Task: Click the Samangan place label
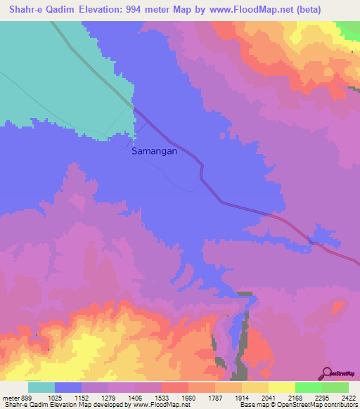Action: click(x=154, y=150)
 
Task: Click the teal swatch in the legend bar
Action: click(x=41, y=387)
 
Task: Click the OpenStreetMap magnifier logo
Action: click(x=326, y=372)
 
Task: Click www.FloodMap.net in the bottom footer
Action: click(x=153, y=404)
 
